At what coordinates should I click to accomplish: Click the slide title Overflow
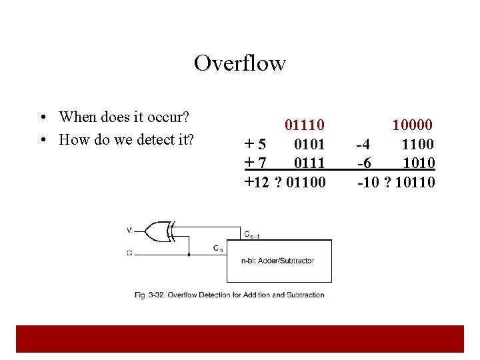(240, 63)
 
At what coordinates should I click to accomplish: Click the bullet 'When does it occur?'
(124, 117)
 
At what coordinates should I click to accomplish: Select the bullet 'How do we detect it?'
(126, 139)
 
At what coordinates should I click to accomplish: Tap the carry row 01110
(305, 125)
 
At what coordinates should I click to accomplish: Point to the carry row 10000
(413, 125)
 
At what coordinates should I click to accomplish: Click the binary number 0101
(309, 144)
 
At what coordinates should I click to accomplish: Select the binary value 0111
(309, 163)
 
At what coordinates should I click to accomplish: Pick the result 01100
(305, 182)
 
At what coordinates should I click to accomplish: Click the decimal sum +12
(257, 182)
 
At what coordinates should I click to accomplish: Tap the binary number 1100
(418, 144)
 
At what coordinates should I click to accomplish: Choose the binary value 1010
(419, 163)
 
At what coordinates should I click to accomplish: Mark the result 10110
(415, 182)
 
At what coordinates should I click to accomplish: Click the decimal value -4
(364, 144)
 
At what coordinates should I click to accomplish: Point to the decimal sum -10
(369, 182)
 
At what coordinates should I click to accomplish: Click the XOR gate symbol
(160, 231)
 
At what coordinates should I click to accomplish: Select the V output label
(129, 231)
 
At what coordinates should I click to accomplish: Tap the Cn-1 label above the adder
(252, 234)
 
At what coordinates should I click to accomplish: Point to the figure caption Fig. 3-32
(229, 295)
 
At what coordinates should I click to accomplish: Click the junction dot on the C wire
(189, 254)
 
